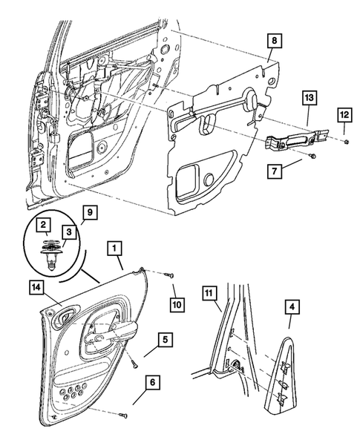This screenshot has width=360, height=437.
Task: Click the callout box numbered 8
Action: point(275,41)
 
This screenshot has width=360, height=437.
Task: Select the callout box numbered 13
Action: point(310,97)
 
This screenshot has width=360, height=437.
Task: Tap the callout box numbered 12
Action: point(344,114)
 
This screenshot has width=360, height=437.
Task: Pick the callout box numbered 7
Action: point(275,171)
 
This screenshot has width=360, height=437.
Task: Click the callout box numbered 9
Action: point(90,212)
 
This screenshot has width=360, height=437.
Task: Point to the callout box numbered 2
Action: point(43,225)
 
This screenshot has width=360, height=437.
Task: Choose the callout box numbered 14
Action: point(36,288)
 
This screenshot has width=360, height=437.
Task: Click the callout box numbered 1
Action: point(114,248)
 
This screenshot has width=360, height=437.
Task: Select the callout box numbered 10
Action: point(177,303)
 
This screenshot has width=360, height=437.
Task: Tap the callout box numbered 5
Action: point(166,340)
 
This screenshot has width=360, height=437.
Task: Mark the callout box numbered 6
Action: point(152,383)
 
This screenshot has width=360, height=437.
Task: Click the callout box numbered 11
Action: point(209,293)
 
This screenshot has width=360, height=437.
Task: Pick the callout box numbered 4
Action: point(292,307)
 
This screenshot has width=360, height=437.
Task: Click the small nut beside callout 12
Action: point(347,142)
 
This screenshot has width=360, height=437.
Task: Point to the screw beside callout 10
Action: point(168,275)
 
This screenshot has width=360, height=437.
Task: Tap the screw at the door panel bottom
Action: point(123,415)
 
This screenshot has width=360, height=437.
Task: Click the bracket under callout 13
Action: point(296,140)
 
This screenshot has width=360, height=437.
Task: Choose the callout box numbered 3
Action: point(69,232)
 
